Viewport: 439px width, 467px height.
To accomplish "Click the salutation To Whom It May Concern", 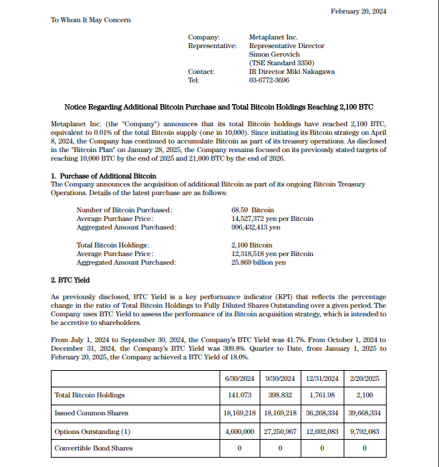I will (90, 19).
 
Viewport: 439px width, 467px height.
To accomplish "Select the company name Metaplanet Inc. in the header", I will (273, 37).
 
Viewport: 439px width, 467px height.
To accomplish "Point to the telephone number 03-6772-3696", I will (269, 80).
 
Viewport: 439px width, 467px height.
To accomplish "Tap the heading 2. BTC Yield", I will (70, 279).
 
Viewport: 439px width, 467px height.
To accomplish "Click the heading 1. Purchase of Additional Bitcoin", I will (104, 176).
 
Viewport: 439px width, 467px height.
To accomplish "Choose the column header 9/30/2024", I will (279, 378).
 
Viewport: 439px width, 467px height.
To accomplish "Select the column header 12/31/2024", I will (322, 378).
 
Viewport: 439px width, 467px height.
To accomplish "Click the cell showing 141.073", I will (239, 395).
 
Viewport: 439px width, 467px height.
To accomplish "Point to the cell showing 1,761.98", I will (322, 395).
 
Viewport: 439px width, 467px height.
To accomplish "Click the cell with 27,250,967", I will (279, 431).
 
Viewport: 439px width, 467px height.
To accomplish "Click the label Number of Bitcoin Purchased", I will (124, 209).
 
